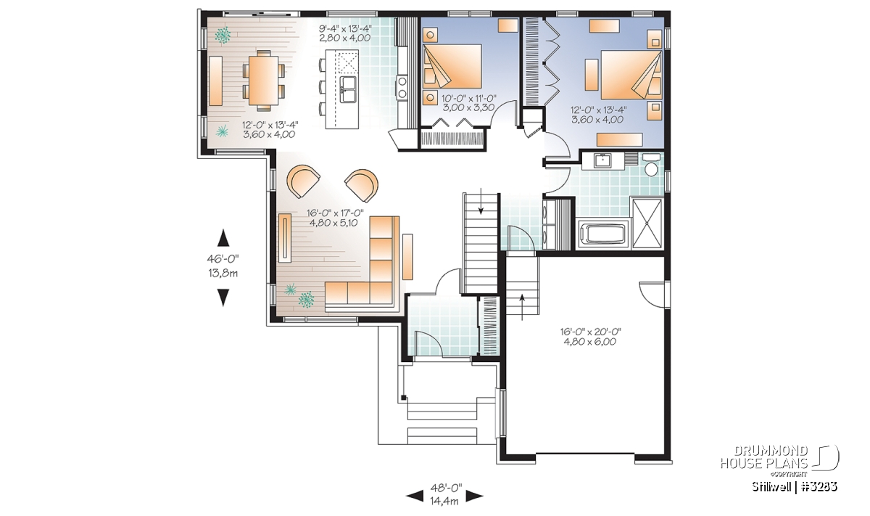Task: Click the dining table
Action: coord(264,81)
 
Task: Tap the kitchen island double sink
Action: coord(348,89)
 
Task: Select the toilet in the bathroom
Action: coord(651,164)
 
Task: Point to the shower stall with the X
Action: coord(647,224)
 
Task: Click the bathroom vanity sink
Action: coord(602,160)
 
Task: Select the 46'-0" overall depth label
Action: coord(223,258)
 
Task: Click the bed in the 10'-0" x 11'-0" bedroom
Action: coord(452,66)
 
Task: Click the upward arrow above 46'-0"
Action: coord(223,237)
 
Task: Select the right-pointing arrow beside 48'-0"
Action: coord(474,496)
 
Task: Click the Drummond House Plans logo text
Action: coord(764,457)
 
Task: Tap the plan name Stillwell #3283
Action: coord(795,487)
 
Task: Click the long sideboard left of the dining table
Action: coord(215,81)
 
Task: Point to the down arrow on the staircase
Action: coord(481,202)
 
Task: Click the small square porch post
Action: coord(404,398)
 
